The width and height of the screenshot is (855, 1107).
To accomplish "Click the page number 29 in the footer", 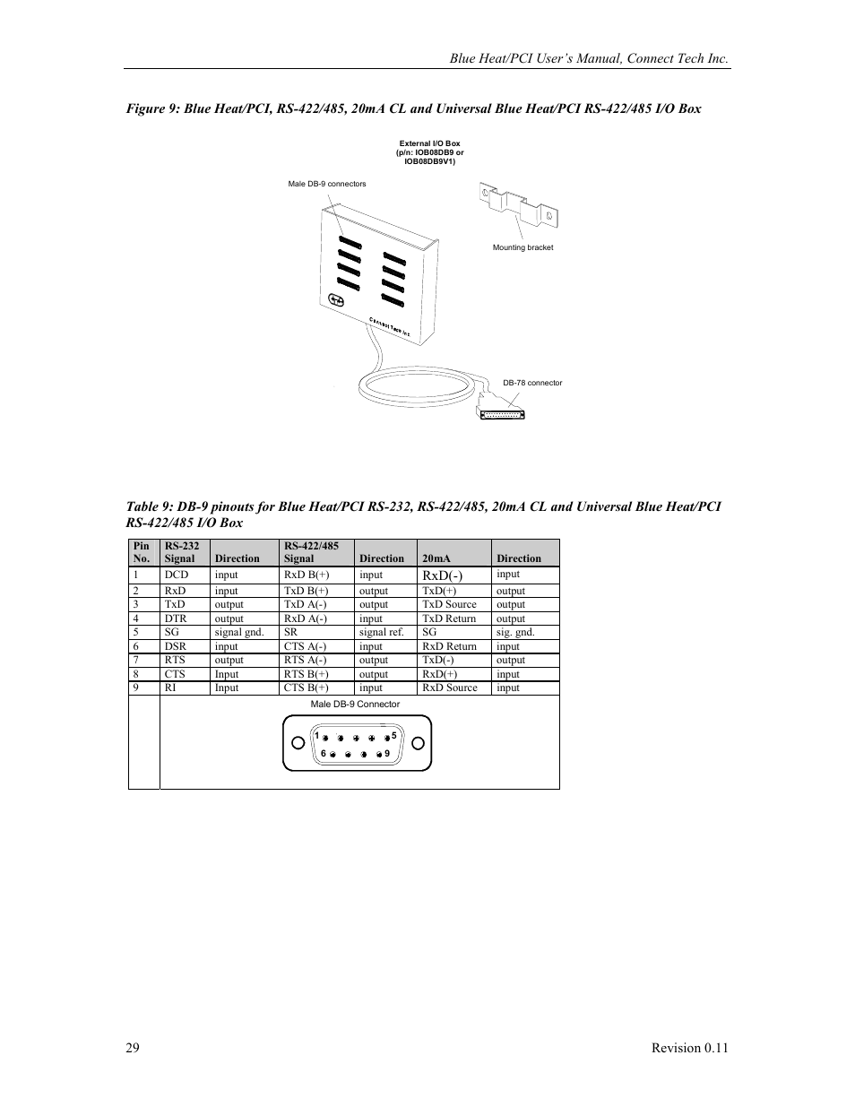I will tap(133, 1048).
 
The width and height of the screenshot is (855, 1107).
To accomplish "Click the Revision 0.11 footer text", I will tap(688, 1048).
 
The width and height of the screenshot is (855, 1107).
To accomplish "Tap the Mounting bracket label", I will tap(522, 247).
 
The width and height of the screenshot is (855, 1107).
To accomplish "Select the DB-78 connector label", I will tap(532, 383).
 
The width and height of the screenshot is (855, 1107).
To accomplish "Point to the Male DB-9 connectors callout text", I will tap(326, 184).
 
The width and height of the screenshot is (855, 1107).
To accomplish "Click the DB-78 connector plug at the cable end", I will tap(500, 411).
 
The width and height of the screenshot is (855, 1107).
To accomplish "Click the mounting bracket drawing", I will tap(519, 205).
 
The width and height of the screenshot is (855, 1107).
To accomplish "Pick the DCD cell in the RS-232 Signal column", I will tap(177, 575).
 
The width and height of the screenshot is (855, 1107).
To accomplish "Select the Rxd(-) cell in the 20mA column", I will tap(442, 575).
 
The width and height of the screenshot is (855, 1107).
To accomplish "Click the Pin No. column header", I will tap(142, 551).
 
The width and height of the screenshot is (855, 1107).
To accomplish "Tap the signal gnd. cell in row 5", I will tap(238, 632).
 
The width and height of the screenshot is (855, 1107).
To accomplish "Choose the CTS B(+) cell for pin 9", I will tap(306, 688).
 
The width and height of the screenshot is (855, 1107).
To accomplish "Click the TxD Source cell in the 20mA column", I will tap(449, 604).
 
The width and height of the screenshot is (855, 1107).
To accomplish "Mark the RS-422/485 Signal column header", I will tap(311, 551).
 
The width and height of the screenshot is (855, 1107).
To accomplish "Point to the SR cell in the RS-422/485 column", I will tap(290, 632).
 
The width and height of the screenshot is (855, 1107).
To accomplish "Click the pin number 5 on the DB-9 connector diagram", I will tap(393, 735).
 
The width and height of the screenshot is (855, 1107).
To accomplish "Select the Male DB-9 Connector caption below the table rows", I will tap(355, 704).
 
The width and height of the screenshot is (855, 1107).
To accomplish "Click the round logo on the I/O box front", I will tap(337, 300).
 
